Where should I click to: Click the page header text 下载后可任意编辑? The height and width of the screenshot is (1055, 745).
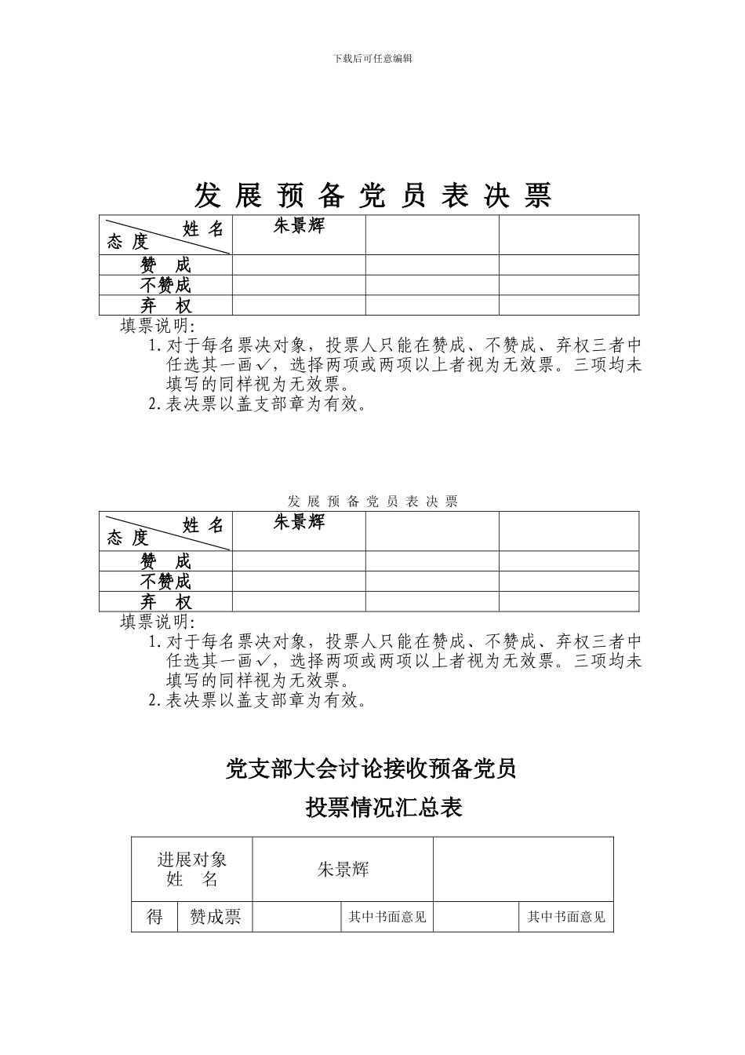click(372, 58)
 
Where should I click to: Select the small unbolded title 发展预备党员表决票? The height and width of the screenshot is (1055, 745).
click(372, 501)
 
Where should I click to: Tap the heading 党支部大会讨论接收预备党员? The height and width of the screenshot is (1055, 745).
click(371, 769)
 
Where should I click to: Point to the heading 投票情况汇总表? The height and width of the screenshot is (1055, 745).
click(383, 807)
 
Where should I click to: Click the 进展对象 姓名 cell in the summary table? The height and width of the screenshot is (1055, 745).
click(192, 869)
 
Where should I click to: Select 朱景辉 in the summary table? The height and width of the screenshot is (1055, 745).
click(343, 869)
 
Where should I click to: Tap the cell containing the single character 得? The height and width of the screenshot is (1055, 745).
click(154, 916)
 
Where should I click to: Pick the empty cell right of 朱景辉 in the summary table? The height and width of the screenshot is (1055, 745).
click(523, 869)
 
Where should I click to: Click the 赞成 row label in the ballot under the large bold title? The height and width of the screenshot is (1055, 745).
click(165, 265)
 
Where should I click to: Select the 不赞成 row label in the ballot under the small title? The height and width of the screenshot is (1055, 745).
click(165, 582)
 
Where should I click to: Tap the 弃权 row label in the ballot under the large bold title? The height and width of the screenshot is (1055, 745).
click(165, 305)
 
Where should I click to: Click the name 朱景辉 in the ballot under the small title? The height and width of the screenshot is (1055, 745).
click(299, 522)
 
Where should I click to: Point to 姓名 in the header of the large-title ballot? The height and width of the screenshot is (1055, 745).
click(203, 228)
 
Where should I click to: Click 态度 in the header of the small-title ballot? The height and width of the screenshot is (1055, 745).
click(128, 538)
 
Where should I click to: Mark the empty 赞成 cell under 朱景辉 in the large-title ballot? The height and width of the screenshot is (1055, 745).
click(299, 265)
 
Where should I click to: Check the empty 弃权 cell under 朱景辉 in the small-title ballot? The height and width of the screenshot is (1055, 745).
click(299, 602)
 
